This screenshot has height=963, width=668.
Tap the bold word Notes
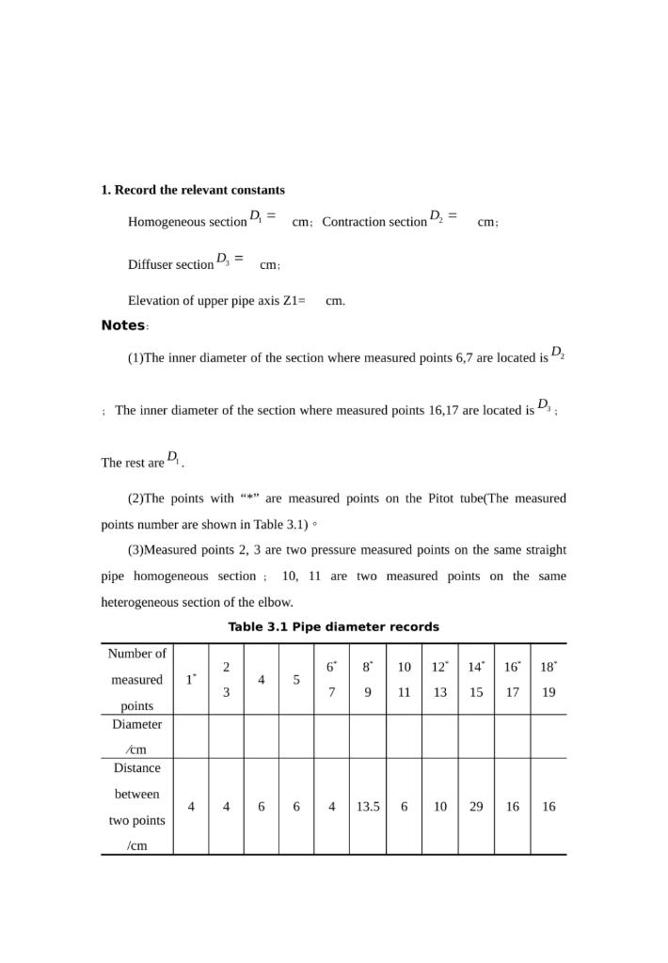click(123, 325)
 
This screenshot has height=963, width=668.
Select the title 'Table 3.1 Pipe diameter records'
click(333, 626)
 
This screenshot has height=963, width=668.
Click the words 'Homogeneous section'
click(187, 222)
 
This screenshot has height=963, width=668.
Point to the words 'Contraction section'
click(374, 222)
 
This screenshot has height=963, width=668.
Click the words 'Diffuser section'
click(171, 264)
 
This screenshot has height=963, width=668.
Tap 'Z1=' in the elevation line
click(294, 301)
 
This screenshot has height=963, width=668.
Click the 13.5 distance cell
click(368, 806)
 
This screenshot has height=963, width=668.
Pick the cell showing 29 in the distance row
click(476, 806)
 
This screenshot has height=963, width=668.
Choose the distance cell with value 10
click(440, 806)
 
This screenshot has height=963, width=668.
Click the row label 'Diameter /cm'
click(136, 736)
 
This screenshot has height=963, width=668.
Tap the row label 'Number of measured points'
click(136, 679)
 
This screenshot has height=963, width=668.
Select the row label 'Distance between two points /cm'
click(136, 806)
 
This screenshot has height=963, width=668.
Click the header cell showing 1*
click(191, 680)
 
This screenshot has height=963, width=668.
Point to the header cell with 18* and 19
click(549, 679)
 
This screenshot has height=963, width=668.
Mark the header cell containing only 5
click(296, 680)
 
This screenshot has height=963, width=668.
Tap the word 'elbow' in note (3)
click(276, 602)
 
